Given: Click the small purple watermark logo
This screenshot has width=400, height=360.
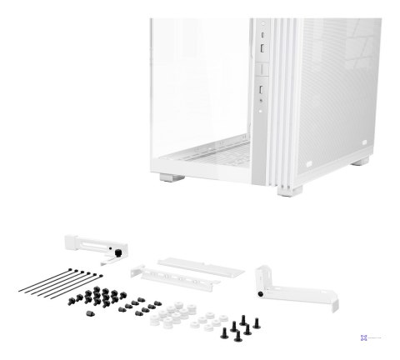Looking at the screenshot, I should pyautogui.click(x=364, y=337).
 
